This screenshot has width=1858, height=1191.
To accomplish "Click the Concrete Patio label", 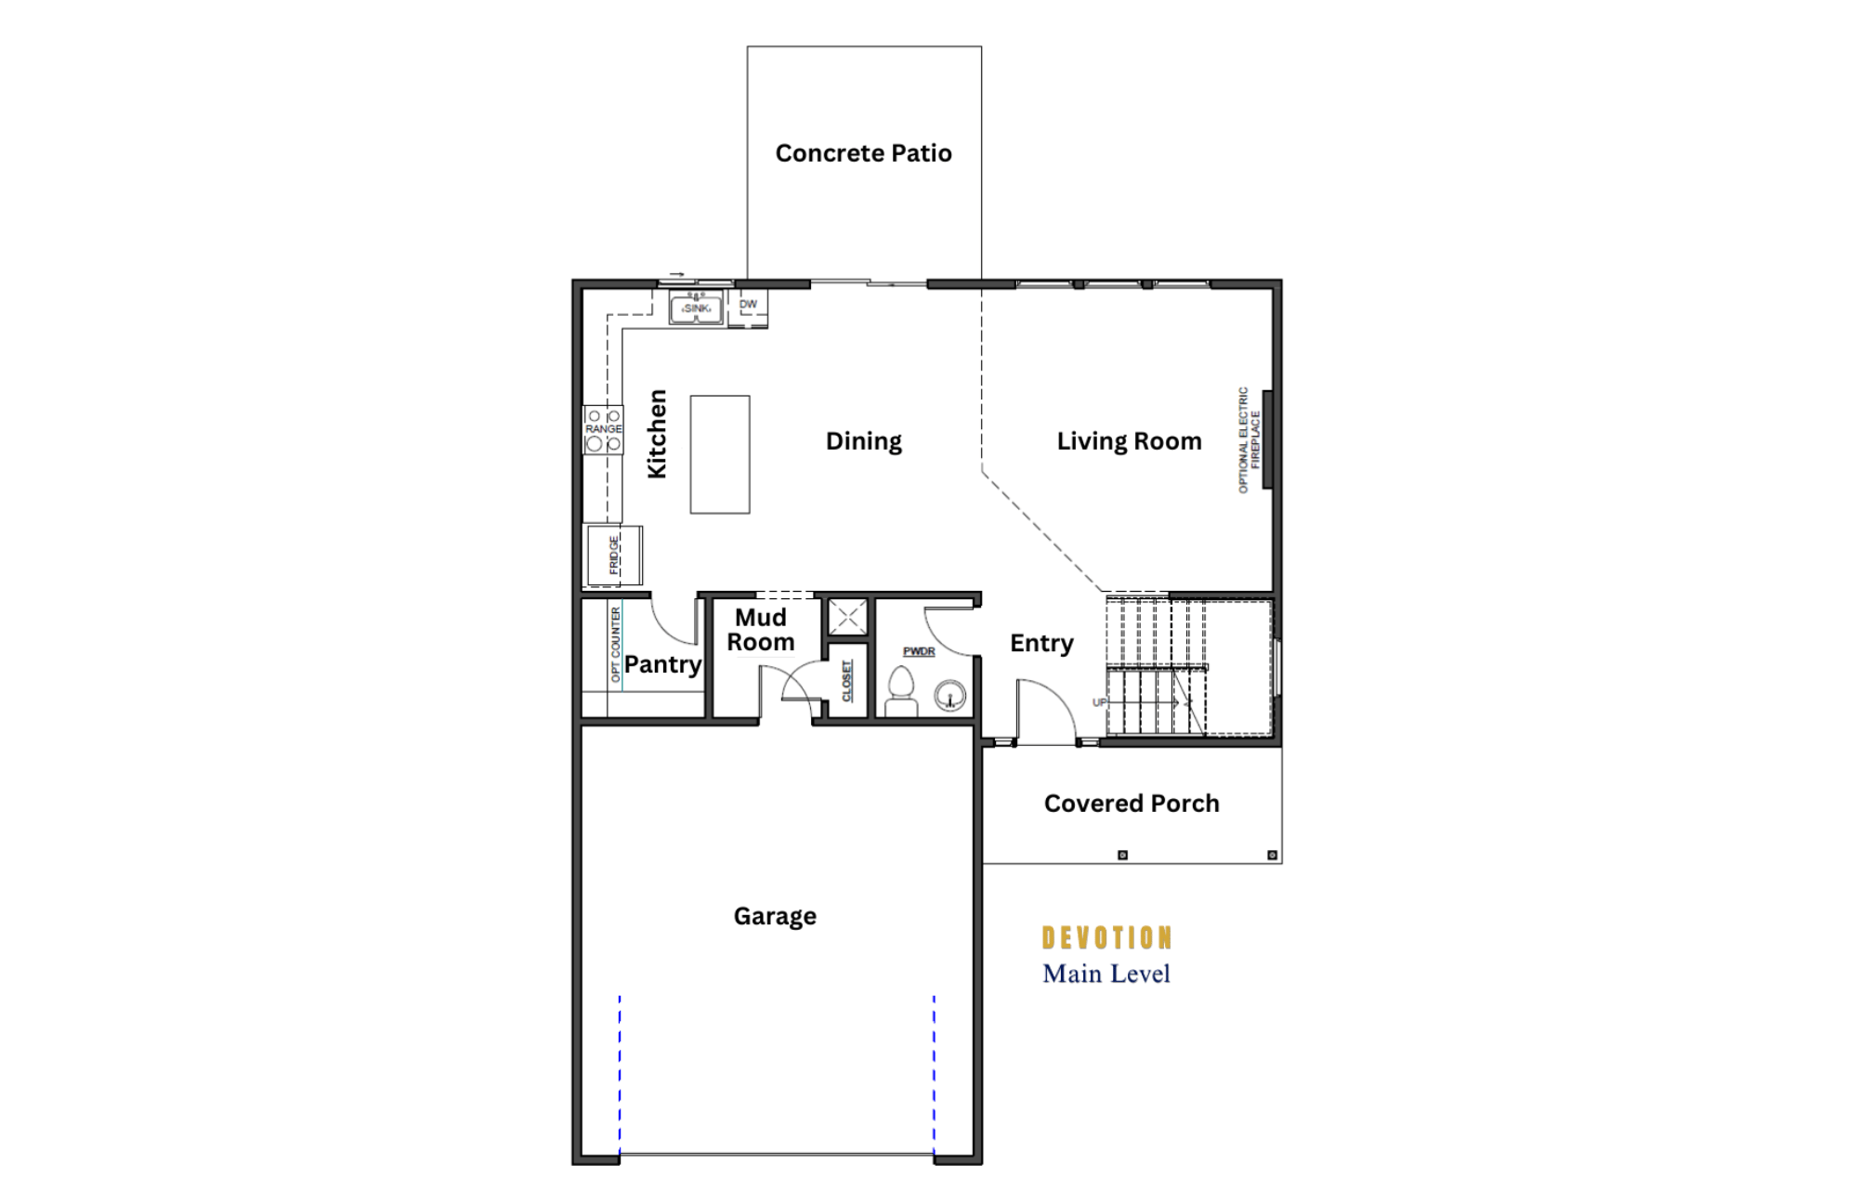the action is click(x=863, y=153).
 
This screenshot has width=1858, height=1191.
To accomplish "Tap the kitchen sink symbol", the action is click(x=696, y=308).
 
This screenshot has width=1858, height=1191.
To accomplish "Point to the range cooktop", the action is click(x=603, y=429).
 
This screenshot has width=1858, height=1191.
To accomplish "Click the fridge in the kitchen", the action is click(x=613, y=555).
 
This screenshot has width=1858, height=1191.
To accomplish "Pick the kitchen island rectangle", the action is click(x=720, y=454).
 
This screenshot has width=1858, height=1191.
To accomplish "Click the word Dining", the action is click(x=864, y=441).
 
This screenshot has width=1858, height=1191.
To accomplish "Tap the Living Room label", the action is click(x=1129, y=441).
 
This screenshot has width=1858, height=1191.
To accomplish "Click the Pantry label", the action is click(x=662, y=665).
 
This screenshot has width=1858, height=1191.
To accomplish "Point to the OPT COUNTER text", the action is click(x=615, y=645).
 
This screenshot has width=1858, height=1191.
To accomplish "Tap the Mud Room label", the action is click(x=761, y=630).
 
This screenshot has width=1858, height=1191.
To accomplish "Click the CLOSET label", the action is click(x=847, y=681).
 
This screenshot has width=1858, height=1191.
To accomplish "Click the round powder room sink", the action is click(x=949, y=696).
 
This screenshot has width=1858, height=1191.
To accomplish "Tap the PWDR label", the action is click(x=919, y=651).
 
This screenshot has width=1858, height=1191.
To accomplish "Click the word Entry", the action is click(x=1041, y=644).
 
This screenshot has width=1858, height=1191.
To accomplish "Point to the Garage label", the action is click(x=775, y=917).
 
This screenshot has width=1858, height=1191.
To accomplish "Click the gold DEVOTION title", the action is click(x=1106, y=938).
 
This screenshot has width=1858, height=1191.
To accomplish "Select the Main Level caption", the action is click(x=1106, y=974).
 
